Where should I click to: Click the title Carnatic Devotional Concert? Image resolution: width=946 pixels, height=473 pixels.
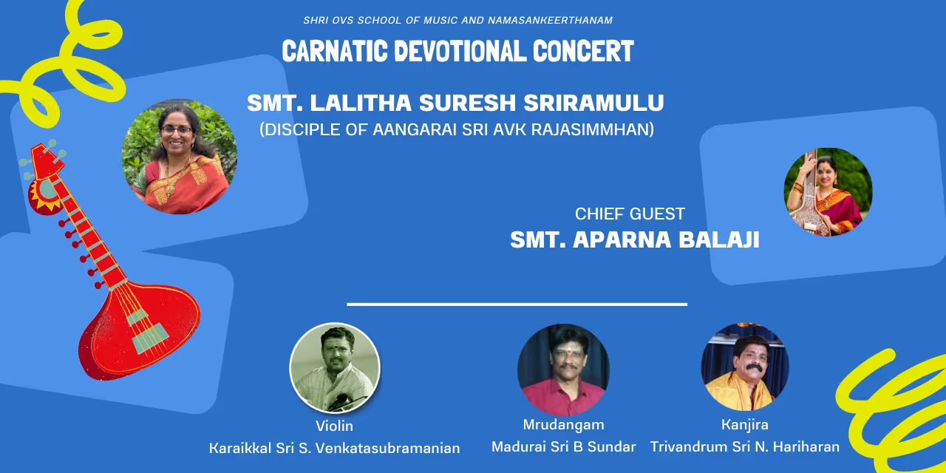pyautogui.click(x=457, y=52)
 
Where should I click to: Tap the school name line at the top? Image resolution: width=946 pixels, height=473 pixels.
pyautogui.click(x=457, y=20)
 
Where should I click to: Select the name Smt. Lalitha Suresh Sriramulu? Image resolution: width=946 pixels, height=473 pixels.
pyautogui.click(x=455, y=103)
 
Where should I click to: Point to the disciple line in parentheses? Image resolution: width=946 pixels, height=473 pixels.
pyautogui.click(x=457, y=129)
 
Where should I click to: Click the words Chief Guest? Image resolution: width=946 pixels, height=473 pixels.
pyautogui.click(x=630, y=214)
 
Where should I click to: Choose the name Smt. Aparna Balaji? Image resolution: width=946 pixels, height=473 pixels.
pyautogui.click(x=634, y=240)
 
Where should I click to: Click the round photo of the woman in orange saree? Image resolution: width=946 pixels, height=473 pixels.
pyautogui.click(x=180, y=157)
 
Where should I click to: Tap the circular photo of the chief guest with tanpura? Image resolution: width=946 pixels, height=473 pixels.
pyautogui.click(x=828, y=191)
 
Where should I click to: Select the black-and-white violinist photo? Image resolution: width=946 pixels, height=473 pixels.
pyautogui.click(x=335, y=367)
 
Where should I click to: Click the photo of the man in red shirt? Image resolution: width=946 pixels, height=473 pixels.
pyautogui.click(x=563, y=370)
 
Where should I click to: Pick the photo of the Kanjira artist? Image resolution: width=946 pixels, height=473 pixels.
pyautogui.click(x=745, y=367)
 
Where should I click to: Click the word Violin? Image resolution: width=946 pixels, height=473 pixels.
pyautogui.click(x=334, y=426)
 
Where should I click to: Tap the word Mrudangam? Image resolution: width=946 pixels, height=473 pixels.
pyautogui.click(x=563, y=424)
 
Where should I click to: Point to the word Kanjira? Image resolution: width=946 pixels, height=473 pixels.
pyautogui.click(x=744, y=424)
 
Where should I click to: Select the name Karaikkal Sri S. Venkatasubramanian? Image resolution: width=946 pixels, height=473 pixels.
pyautogui.click(x=334, y=448)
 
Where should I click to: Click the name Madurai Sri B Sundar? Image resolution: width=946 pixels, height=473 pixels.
pyautogui.click(x=563, y=446)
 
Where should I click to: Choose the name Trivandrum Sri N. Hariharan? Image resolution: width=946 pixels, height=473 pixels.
pyautogui.click(x=744, y=446)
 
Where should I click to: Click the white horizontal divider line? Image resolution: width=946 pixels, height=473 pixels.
pyautogui.click(x=517, y=304)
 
